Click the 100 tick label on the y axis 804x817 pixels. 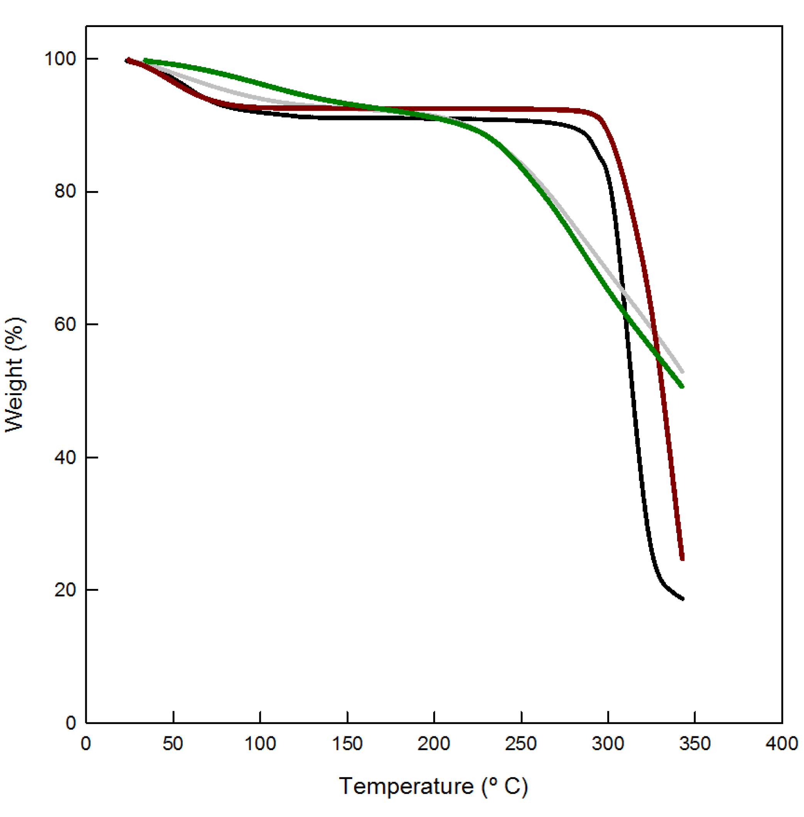[x=60, y=59]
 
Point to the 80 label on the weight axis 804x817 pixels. [x=65, y=191]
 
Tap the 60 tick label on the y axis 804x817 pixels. [x=65, y=325]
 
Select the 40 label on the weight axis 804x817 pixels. [x=65, y=457]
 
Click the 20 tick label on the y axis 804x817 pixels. [x=65, y=590]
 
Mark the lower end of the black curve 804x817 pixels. [x=682, y=599]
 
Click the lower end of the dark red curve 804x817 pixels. [x=682, y=559]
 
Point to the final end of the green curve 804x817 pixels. [x=682, y=386]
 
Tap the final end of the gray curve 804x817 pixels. [x=682, y=372]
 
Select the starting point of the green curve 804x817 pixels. [x=145, y=61]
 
